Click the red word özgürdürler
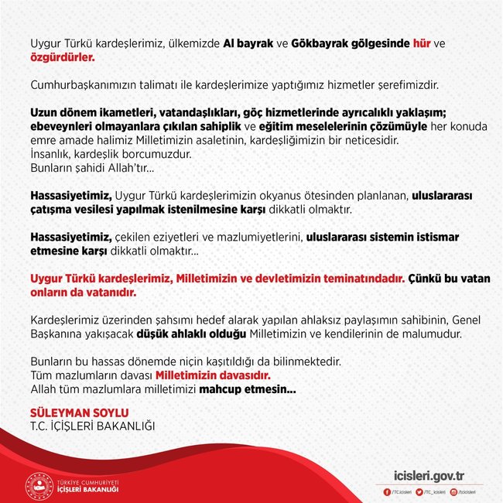coord(62,58)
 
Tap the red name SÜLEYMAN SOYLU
coord(78,411)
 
